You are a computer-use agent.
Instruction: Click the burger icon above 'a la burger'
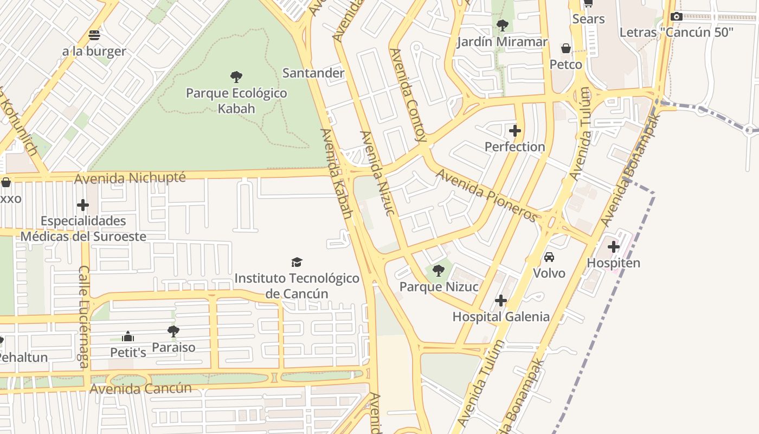[94, 35]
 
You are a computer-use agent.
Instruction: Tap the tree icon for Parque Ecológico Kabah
[236, 76]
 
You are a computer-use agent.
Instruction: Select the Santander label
[313, 73]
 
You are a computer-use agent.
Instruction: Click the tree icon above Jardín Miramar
[502, 25]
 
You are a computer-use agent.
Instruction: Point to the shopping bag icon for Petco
[566, 49]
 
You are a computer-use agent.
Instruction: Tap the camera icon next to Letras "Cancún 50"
[676, 17]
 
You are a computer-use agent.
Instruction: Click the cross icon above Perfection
[515, 131]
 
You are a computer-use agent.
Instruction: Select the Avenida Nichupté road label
[130, 178]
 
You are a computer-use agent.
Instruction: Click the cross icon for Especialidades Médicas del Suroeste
[83, 205]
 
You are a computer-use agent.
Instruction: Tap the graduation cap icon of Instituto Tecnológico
[297, 263]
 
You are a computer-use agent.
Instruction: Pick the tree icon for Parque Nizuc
[439, 271]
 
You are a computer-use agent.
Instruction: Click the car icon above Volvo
[549, 257]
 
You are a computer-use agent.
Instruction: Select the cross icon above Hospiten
[614, 247]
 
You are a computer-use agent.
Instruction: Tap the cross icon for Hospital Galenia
[501, 301]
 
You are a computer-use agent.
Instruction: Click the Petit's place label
[128, 352]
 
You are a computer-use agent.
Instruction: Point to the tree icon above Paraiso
[173, 331]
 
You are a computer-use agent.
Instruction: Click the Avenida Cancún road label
[141, 388]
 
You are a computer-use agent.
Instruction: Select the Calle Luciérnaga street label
[84, 317]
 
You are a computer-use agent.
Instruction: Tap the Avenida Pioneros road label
[487, 195]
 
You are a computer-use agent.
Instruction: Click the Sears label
[588, 19]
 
